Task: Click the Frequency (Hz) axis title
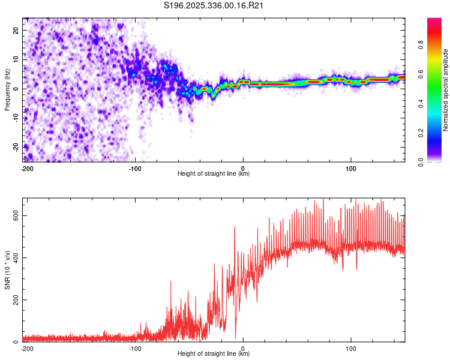[7, 90]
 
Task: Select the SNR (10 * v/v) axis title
[7, 270]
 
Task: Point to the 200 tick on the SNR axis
[16, 300]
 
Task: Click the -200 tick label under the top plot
[26, 168]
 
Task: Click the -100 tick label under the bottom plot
[134, 348]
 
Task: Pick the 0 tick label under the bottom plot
[243, 348]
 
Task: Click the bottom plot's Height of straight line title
[214, 354]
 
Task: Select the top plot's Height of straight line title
[214, 174]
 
